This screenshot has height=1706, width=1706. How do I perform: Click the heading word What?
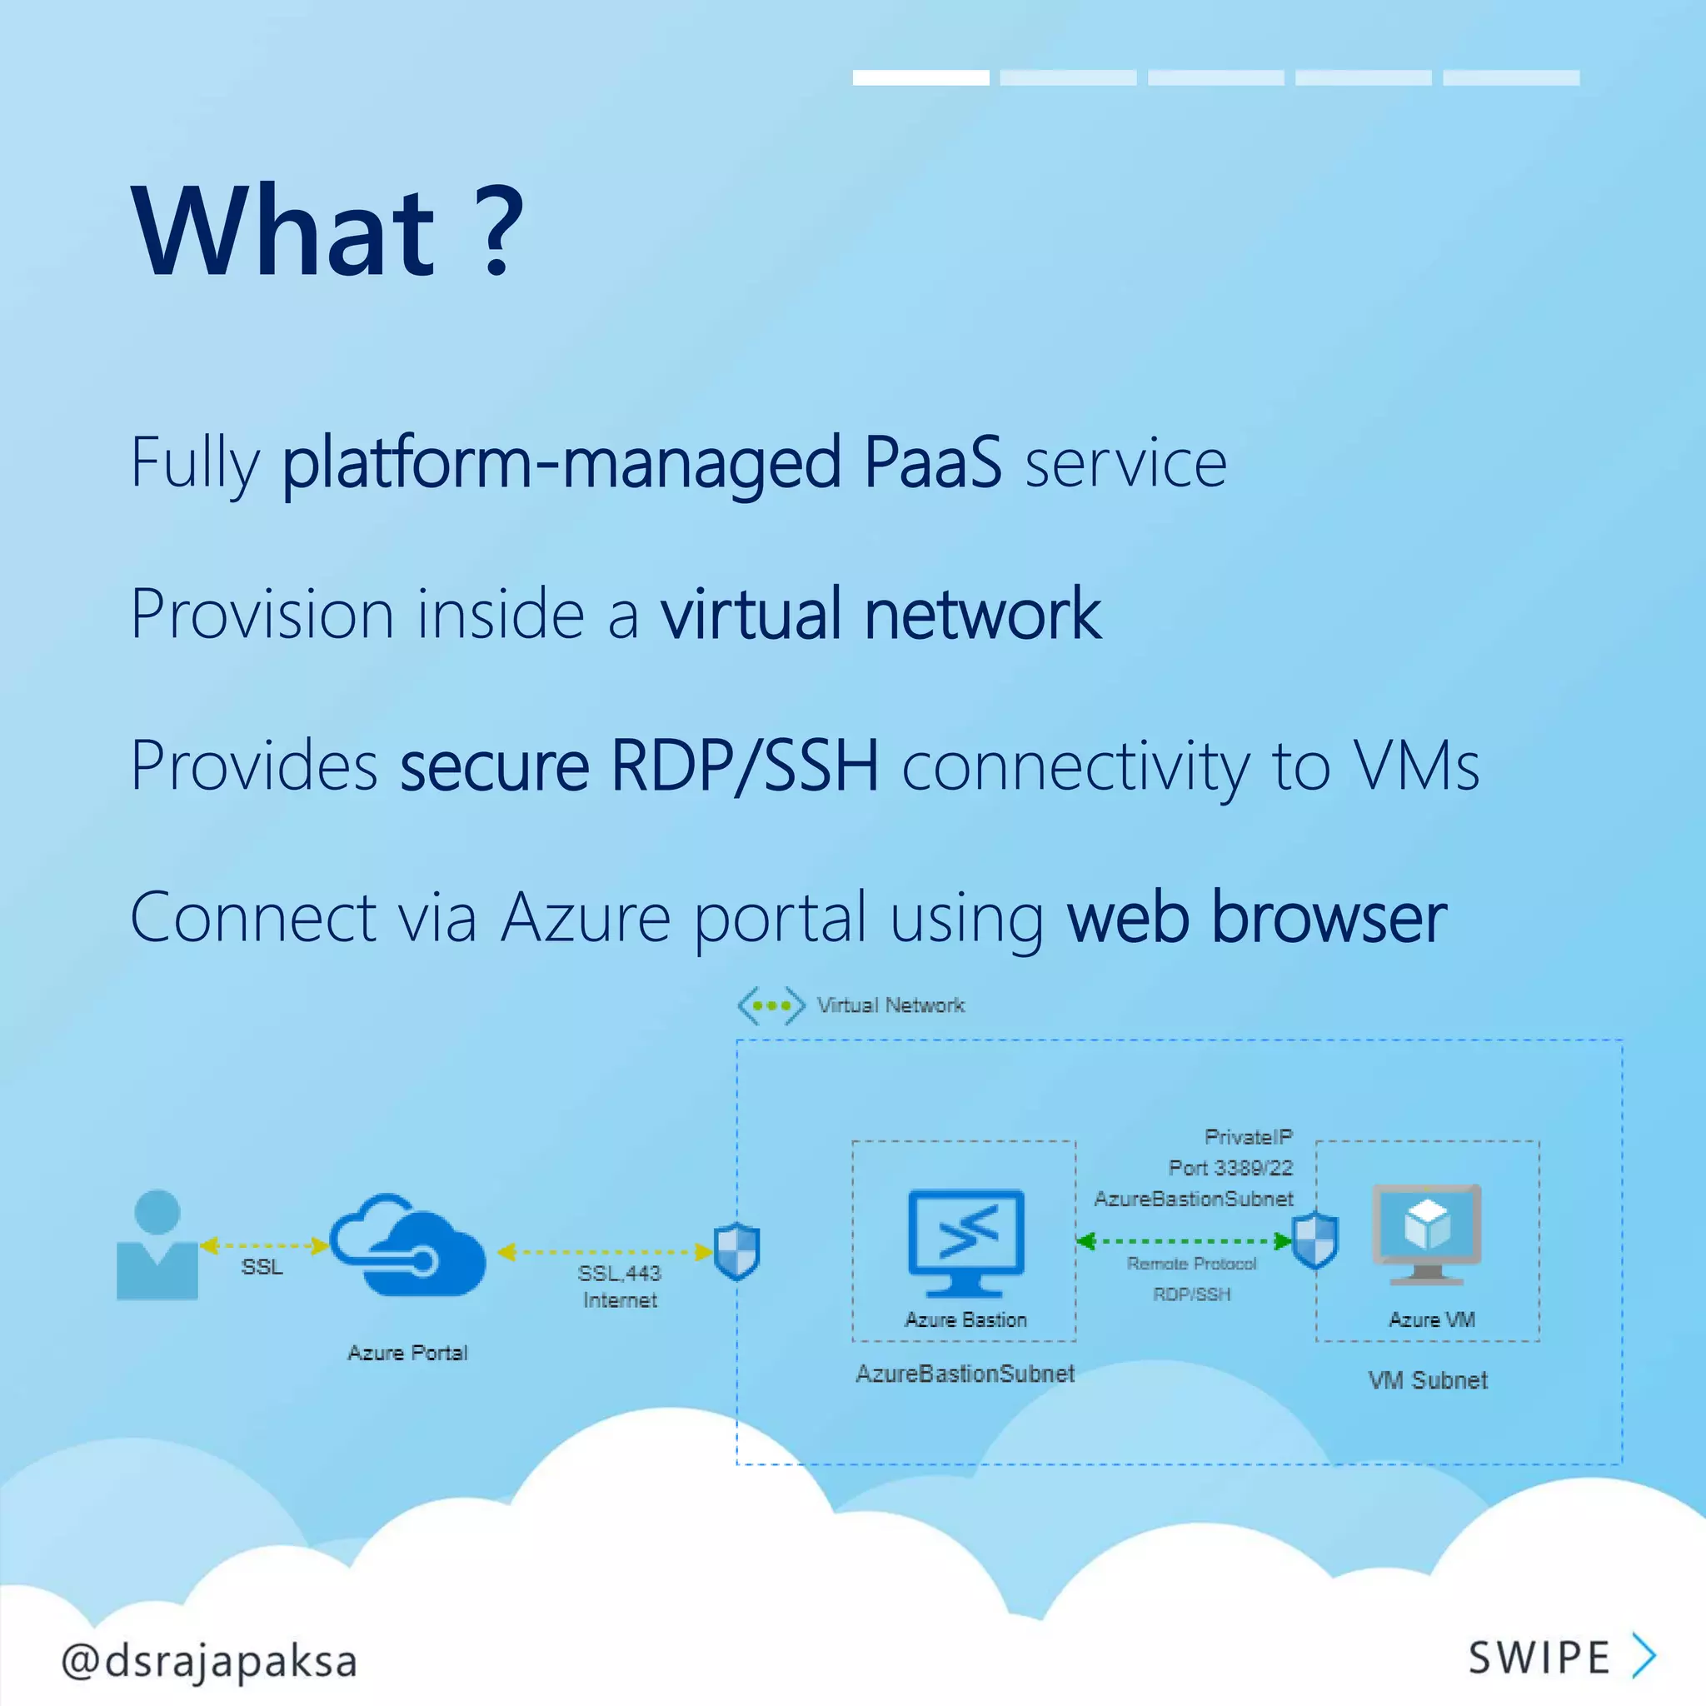[282, 232]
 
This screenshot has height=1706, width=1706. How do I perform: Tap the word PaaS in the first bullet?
[932, 461]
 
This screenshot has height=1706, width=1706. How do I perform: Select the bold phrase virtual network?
[880, 614]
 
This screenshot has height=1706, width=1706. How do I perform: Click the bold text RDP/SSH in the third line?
[745, 765]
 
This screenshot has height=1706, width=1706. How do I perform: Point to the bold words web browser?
[1256, 917]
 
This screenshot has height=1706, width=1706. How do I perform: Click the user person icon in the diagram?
[157, 1245]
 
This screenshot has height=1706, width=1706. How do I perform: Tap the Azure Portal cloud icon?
[408, 1245]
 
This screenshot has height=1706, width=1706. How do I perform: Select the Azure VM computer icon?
[1427, 1235]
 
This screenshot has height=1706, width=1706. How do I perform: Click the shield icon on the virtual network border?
[736, 1251]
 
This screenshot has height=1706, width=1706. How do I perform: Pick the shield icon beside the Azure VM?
[1314, 1240]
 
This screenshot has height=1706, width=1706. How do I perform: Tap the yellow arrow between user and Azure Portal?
[264, 1246]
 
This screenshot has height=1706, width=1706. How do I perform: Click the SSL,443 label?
[619, 1273]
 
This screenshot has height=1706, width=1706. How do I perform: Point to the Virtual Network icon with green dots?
[771, 1005]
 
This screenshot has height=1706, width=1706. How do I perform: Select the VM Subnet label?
[1427, 1380]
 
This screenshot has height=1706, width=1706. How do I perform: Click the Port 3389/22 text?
[1230, 1168]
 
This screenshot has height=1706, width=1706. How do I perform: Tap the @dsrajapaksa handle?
[209, 1660]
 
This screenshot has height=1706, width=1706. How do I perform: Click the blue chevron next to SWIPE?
[1644, 1656]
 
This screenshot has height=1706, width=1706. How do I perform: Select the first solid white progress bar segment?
[920, 77]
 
